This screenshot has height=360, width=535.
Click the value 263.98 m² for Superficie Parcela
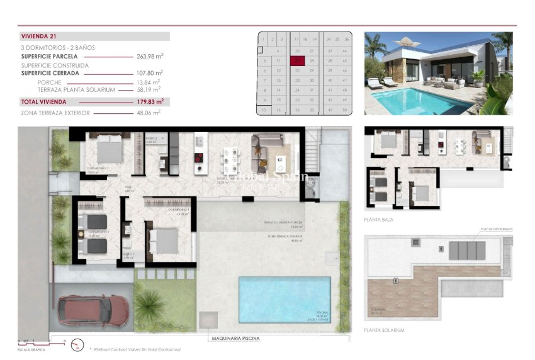pyautogui.click(x=150, y=56)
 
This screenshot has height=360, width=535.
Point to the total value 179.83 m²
pyautogui.click(x=150, y=101)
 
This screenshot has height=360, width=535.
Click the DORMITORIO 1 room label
pyautogui.click(x=179, y=209)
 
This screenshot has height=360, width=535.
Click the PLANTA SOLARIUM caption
pyautogui.click(x=383, y=330)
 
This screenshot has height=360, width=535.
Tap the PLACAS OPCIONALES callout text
pyautogui.click(x=497, y=229)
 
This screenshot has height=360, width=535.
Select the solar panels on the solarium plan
pyautogui.click(x=467, y=249)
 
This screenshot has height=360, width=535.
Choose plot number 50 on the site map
pyautogui.click(x=345, y=110)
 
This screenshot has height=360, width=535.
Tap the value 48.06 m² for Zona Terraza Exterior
pyautogui.click(x=150, y=113)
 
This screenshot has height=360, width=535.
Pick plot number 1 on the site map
pyautogui.click(x=262, y=39)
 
